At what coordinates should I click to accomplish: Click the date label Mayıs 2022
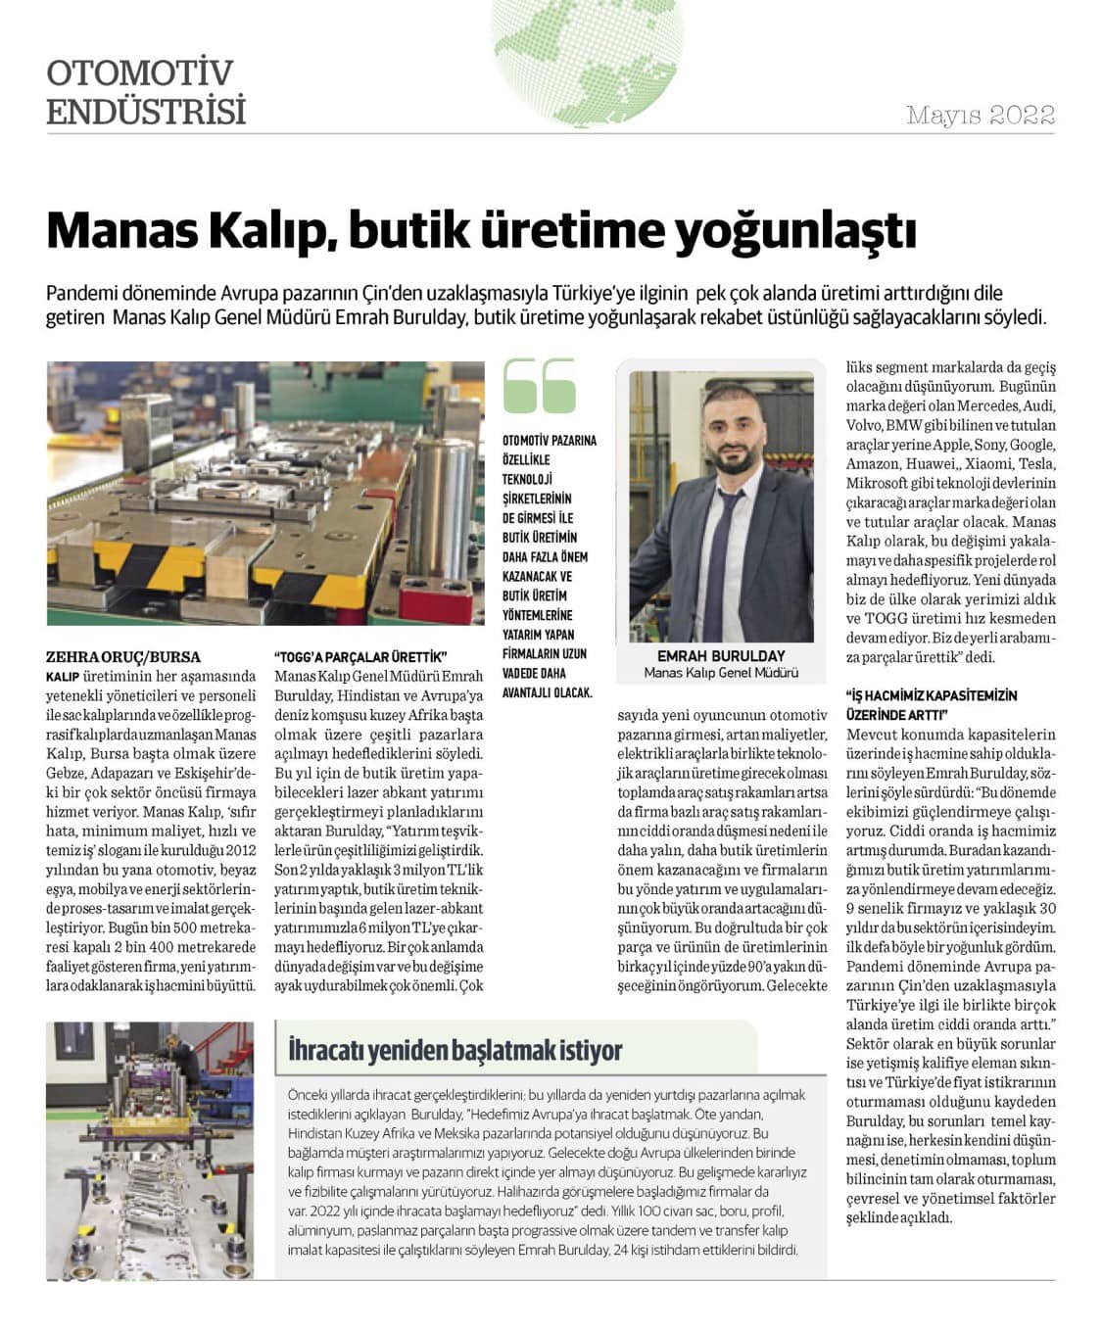point(980,116)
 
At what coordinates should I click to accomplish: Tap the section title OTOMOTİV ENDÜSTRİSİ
point(145,92)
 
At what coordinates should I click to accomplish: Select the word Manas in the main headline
point(118,231)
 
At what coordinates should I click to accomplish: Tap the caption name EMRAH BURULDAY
point(721,655)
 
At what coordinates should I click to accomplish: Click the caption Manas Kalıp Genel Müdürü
point(721,673)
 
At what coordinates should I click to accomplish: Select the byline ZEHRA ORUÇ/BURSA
point(122,656)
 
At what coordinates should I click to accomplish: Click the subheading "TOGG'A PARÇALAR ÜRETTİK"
point(360,656)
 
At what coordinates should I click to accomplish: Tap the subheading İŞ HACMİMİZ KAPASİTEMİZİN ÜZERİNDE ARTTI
point(932,705)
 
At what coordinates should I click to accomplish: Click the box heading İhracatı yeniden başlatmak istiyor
point(455,1051)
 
